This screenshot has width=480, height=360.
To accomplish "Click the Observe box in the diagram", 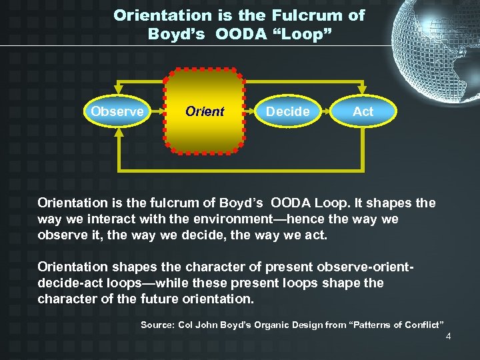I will (117, 111).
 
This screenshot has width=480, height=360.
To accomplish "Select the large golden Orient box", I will (204, 111).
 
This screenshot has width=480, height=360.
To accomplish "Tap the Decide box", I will (287, 111).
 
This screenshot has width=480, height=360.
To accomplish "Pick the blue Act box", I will (363, 111).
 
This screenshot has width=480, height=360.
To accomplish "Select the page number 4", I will (449, 336).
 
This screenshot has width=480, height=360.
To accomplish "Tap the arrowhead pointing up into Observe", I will (118, 132).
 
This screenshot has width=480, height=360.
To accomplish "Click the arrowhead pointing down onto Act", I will (363, 91).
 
